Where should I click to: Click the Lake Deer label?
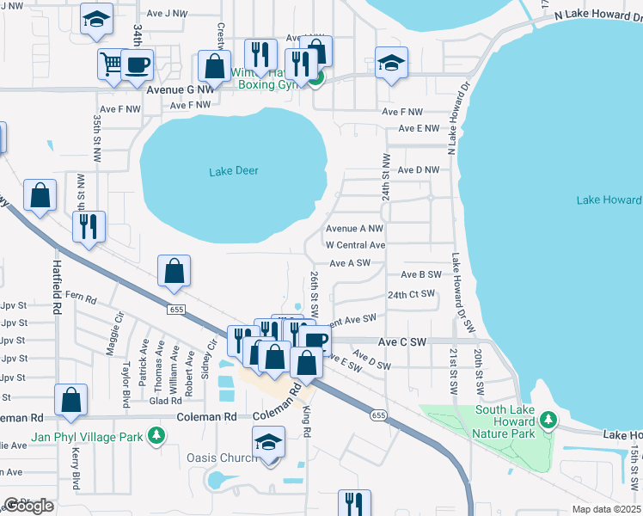[234, 171]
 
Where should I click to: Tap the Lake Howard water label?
[609, 200]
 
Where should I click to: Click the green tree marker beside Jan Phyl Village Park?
[156, 436]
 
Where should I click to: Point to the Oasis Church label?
[222, 458]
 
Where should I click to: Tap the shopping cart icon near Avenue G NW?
[109, 63]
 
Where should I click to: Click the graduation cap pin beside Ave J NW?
[96, 19]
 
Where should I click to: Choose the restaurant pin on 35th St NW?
[89, 227]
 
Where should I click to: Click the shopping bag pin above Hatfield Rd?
[40, 196]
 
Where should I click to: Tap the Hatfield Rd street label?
[57, 286]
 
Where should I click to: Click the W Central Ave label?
[354, 245]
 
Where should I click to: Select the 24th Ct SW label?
[411, 294]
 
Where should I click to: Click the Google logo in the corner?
[29, 506]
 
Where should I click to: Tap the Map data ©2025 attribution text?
[605, 509]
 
